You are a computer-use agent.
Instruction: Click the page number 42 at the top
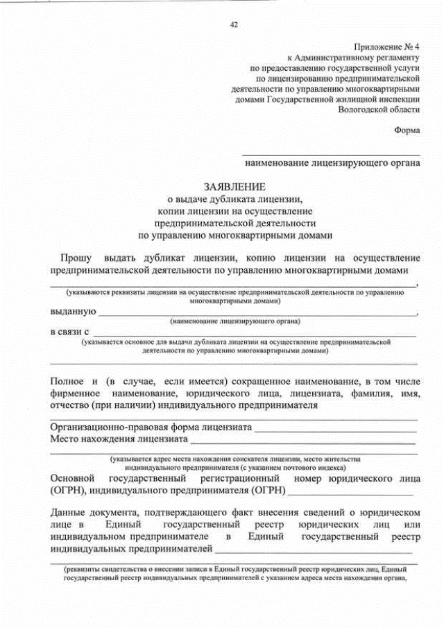pos(234,26)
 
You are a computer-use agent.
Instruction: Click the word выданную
pos(73,312)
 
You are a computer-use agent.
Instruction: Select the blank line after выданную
pos(257,314)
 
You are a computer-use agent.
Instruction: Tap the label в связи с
pos(69,332)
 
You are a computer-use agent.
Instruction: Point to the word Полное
pos(67,381)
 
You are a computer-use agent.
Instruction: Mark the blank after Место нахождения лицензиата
pos(302,441)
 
